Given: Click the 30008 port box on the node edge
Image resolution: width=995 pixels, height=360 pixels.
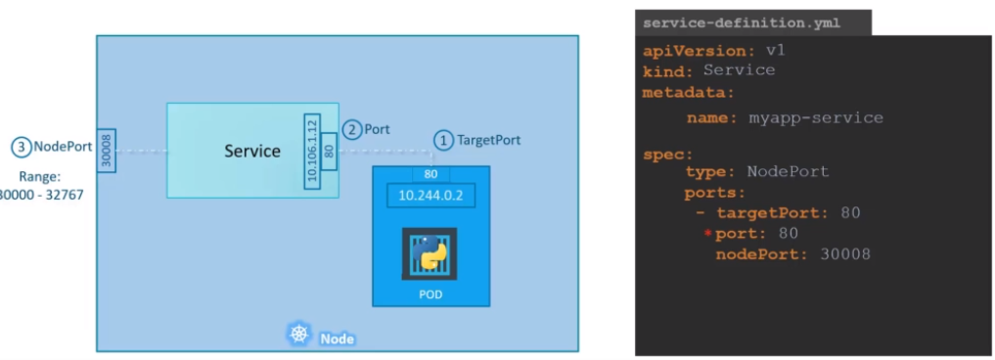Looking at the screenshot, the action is pos(107,151).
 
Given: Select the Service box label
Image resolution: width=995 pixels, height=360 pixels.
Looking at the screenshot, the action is pos(251,151).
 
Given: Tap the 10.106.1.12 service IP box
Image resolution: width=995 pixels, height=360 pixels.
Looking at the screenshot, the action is pos(311,151).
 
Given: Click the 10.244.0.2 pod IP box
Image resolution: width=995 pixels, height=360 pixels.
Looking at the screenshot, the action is pos(430,196).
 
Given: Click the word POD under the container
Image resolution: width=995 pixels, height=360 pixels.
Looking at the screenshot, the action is pos(430,294).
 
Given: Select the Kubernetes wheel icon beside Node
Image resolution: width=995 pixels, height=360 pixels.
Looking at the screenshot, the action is pos(299,335).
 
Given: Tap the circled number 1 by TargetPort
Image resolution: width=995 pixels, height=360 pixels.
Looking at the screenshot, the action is pos(443,140).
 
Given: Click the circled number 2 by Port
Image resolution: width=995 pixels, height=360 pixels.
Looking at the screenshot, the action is pos(351,129).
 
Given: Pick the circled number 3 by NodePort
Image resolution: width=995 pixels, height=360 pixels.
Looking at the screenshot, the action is pos(21,148).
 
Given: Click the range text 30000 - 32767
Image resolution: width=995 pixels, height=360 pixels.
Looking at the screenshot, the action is pos(42,195).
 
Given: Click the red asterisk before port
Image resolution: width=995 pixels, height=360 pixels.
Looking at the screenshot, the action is pos(708,234).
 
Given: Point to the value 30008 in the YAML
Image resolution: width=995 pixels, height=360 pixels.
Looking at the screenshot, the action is pos(845,254).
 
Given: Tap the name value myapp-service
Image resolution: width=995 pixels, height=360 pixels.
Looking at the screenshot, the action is pos(816,118).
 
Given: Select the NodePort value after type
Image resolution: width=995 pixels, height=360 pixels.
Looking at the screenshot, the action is pos(788,171).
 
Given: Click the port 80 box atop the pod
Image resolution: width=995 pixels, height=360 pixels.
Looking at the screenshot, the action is pos(430,174).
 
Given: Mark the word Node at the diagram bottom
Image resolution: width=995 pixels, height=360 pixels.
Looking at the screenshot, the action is pos(337,338).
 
